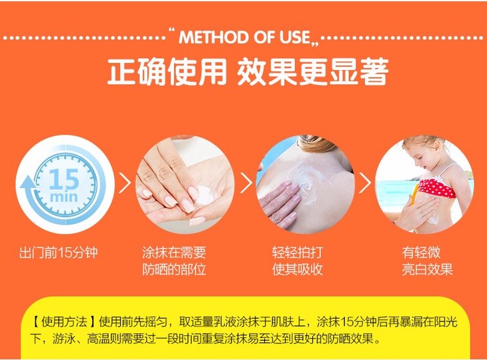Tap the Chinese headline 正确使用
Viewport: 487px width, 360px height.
coord(167,71)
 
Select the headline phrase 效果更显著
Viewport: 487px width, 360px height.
coord(313,71)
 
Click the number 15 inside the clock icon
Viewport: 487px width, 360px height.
coord(64,179)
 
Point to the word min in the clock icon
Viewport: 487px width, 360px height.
coord(63,197)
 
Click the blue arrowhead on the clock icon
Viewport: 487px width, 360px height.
coord(27,183)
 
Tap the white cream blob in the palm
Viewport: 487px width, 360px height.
coord(203,194)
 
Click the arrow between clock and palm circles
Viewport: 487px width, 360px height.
coord(125,183)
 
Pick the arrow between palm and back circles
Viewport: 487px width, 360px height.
coord(246,183)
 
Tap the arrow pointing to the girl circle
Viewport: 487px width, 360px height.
coord(366,183)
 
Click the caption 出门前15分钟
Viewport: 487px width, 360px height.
coord(59,253)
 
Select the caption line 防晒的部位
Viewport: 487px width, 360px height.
coord(174,269)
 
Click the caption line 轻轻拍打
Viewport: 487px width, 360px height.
coord(298,253)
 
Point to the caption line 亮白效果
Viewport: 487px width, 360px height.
coord(428,269)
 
